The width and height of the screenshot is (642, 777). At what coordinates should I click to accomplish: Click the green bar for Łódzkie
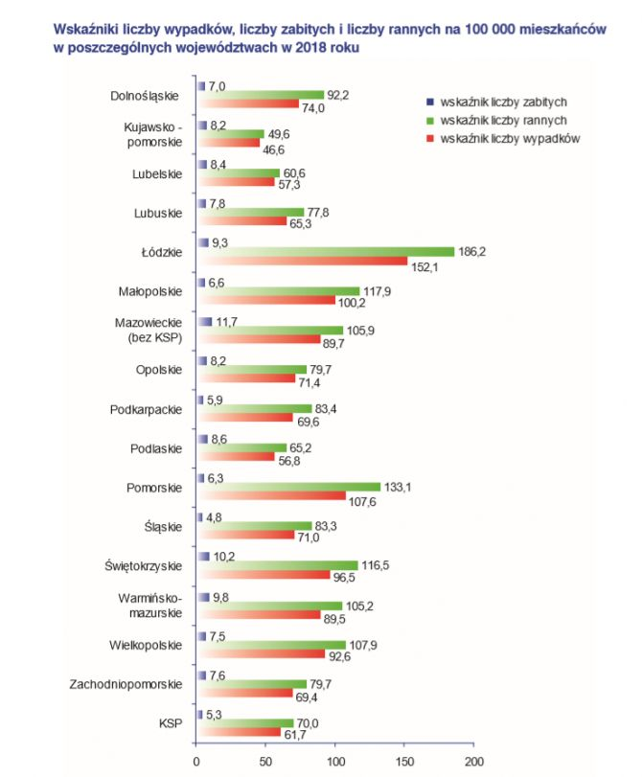pos(326,252)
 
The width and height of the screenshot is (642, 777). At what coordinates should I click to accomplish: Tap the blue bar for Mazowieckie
pos(204,322)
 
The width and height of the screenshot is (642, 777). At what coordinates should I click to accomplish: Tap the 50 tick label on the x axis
pos(265,763)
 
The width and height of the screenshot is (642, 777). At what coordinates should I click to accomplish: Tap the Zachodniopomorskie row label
pos(126,684)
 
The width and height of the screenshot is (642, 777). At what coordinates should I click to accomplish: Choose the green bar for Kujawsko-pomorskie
pos(230,134)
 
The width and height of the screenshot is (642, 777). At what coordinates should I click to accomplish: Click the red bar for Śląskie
pos(245,535)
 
